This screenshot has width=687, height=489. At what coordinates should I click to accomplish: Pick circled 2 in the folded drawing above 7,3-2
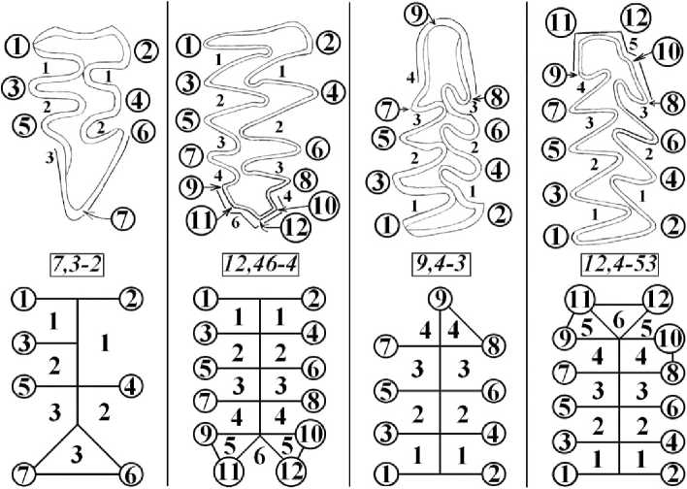pyautogui.click(x=146, y=47)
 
